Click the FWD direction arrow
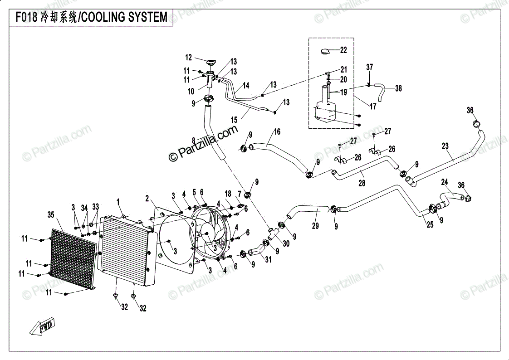[x=42, y=326]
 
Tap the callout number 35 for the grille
[x=51, y=215]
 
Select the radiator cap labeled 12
[x=210, y=62]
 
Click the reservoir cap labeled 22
[x=325, y=51]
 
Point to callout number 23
[x=445, y=146]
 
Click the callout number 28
[x=362, y=183]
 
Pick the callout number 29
[x=315, y=226]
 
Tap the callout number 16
[x=277, y=131]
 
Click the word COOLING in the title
[x=102, y=17]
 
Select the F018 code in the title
[x=27, y=17]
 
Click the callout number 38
[x=398, y=88]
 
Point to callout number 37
[x=370, y=67]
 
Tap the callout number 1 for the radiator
[x=118, y=202]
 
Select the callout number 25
[x=430, y=224]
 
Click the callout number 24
[x=445, y=182]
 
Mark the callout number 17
[x=373, y=106]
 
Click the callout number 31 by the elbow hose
[x=268, y=259]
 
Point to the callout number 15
[x=234, y=120]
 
